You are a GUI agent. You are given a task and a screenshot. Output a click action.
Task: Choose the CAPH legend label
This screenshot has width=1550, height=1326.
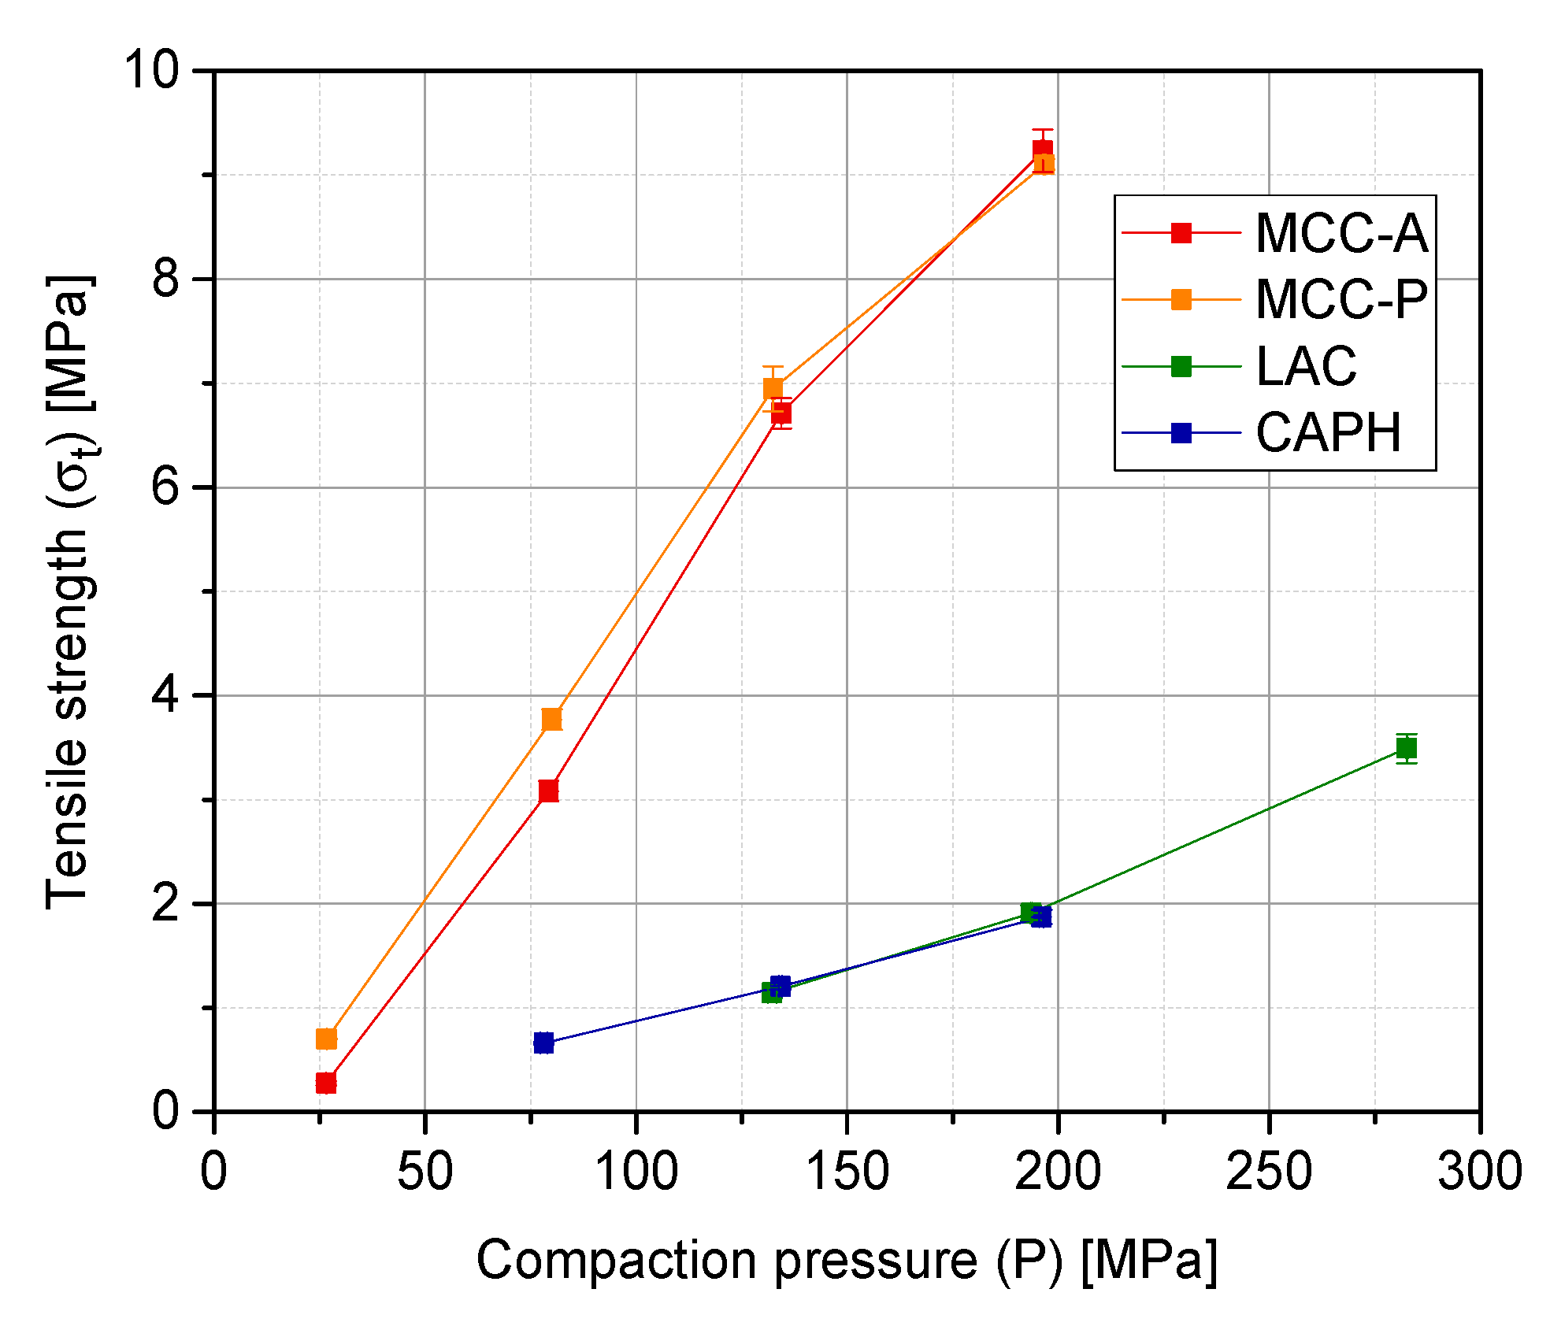[x=1328, y=432]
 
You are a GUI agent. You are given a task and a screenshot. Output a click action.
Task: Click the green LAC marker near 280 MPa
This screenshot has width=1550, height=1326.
[x=1407, y=748]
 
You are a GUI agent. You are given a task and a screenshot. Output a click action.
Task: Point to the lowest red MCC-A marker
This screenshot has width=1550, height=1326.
[x=326, y=1083]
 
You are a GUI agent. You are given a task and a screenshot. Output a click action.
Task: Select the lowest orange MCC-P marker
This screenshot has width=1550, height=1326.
[x=326, y=1039]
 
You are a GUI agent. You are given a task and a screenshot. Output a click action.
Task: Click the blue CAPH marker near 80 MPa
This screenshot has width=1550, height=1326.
[x=543, y=1043]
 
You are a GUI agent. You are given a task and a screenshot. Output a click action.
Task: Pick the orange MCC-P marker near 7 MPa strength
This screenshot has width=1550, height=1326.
[x=773, y=388]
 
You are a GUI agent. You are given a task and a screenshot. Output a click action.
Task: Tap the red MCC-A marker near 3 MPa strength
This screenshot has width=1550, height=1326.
[x=549, y=791]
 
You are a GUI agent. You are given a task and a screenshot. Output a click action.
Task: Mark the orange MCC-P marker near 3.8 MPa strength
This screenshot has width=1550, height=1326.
[x=552, y=719]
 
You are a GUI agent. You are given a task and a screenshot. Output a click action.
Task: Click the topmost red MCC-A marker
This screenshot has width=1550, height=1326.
[x=1043, y=150]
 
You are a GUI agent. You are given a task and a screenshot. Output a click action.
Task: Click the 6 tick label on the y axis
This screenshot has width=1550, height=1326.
[x=165, y=487]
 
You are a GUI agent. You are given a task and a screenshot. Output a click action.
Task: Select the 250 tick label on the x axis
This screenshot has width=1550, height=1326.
[x=1269, y=1172]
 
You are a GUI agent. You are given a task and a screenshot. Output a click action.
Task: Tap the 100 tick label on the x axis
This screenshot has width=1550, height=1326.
[x=636, y=1172]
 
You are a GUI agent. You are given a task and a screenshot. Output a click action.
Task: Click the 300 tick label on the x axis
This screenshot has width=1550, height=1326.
[x=1479, y=1172]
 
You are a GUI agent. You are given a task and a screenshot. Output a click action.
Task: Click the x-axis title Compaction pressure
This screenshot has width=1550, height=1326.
[x=847, y=1261]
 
